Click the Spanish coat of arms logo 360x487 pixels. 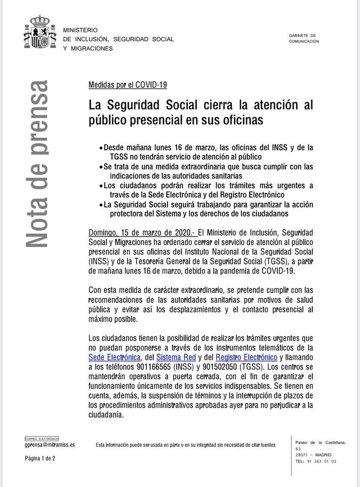[x=39, y=32]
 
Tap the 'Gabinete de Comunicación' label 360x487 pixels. [x=304, y=39]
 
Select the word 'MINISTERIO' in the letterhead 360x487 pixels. [x=80, y=30]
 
